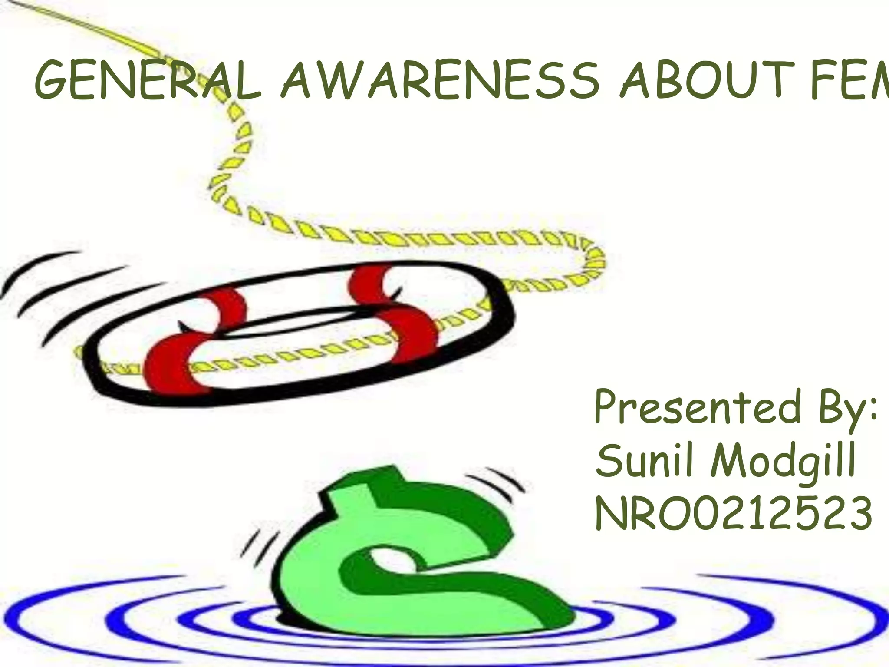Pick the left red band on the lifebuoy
point(191,343)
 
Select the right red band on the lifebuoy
point(391,313)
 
